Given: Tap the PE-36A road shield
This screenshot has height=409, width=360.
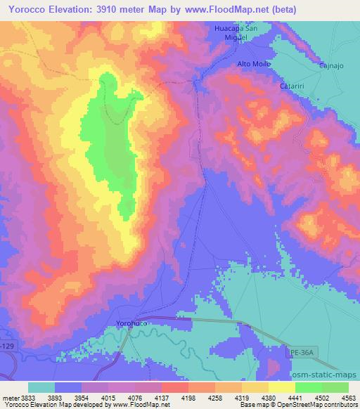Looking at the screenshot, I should click(302, 351).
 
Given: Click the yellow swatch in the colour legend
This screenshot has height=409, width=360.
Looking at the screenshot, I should click(281, 387).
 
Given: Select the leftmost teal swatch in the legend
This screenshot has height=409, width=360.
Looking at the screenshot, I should click(41, 387).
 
